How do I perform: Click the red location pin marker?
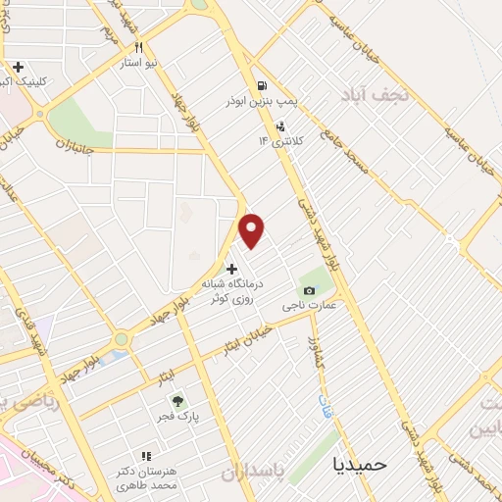(253, 229)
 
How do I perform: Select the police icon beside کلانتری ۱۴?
(281, 125)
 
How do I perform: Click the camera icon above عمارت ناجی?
(310, 290)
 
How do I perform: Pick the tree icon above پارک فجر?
(177, 401)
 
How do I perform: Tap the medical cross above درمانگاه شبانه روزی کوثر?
(231, 269)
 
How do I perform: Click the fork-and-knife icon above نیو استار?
(140, 47)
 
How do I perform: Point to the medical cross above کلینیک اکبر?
(18, 67)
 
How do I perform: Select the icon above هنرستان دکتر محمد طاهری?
(147, 456)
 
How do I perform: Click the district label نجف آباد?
(368, 94)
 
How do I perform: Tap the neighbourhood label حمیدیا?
(361, 462)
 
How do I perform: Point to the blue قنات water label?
(326, 405)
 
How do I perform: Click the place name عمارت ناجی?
(310, 306)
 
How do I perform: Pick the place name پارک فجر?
(177, 417)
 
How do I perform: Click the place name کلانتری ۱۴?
(281, 141)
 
